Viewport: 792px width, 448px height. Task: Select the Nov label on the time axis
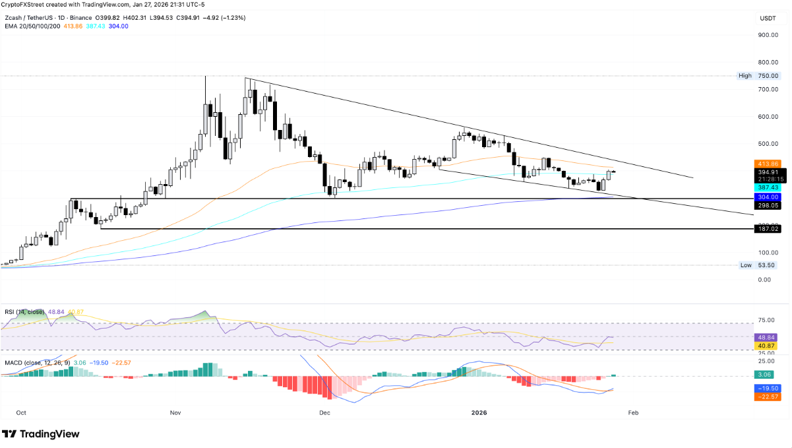click(175, 412)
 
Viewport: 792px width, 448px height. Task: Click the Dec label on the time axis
click(324, 412)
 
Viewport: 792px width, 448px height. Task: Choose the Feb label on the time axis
click(633, 412)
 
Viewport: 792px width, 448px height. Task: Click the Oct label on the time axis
click(20, 412)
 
